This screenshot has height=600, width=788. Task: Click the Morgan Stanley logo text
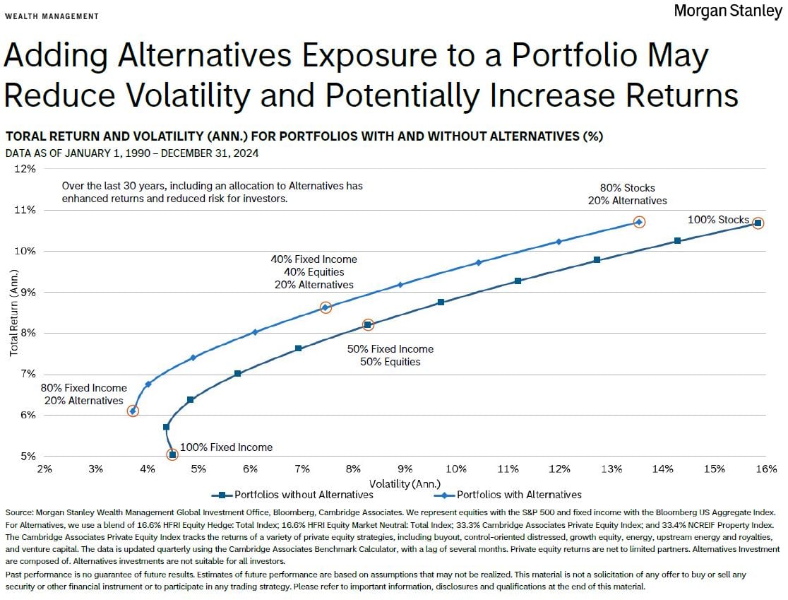point(727,11)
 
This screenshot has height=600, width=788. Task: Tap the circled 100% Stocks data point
point(758,223)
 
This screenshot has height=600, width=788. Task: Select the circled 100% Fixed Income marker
point(172,454)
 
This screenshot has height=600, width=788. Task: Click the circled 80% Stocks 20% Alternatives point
point(639,222)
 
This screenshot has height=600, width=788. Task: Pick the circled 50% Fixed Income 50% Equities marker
point(368,325)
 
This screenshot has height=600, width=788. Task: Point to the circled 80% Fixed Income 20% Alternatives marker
point(133,411)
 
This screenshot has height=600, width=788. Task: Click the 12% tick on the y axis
point(25,169)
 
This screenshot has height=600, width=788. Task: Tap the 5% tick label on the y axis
point(28,456)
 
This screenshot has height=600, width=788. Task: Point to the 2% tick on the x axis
point(44,469)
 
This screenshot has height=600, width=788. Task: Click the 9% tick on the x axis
point(405,469)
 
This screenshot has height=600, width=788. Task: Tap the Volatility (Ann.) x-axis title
point(406,483)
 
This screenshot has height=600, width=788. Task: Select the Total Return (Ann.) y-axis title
point(13,319)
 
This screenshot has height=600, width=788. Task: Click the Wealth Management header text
point(52,16)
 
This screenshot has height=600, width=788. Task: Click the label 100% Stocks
point(718,220)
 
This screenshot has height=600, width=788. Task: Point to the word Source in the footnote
point(18,512)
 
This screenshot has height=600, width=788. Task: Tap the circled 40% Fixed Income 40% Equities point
point(326,307)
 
